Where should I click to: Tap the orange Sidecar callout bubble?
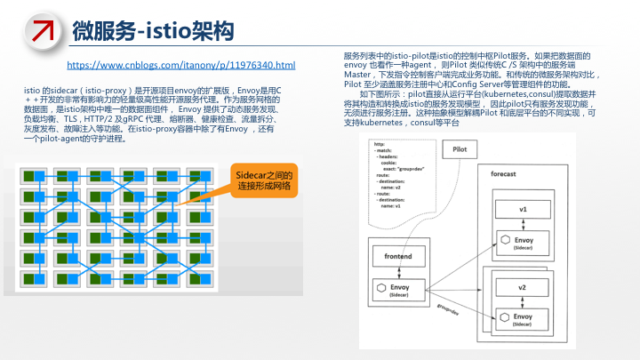click(x=264, y=180)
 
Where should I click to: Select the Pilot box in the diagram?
click(x=460, y=149)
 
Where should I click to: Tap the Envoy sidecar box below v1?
click(x=523, y=242)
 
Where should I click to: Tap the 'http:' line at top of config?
click(x=380, y=143)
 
